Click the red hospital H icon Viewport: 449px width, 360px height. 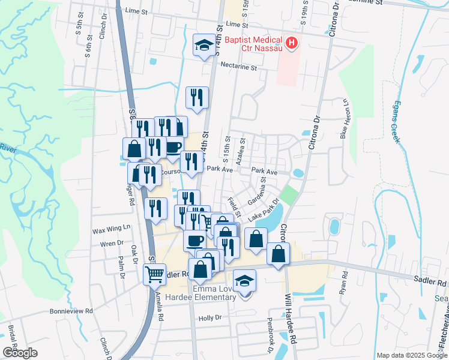pos(291,43)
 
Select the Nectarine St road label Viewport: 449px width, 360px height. pos(238,67)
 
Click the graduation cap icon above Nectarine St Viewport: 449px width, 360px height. pos(203,44)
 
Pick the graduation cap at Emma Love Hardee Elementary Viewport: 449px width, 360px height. pos(244,281)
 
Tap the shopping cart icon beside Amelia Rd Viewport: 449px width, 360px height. pos(155,274)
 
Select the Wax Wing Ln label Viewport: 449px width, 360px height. pos(110,229)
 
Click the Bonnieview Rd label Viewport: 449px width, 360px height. pos(72,311)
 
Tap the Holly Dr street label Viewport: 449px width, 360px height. pos(210,317)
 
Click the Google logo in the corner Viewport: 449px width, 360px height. pos(20,353)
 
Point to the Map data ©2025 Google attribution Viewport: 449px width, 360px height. pos(411,355)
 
